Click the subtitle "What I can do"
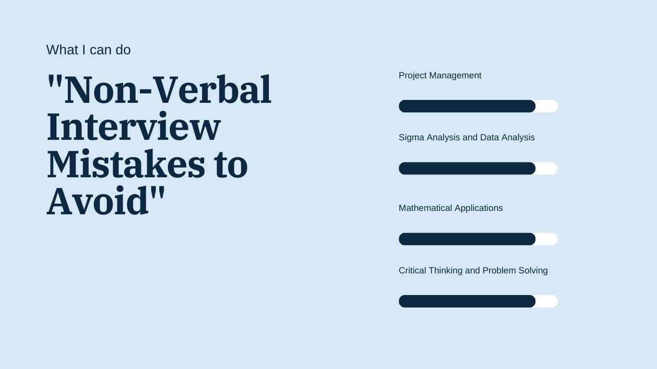88,50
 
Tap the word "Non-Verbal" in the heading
167,90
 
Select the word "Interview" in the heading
134,127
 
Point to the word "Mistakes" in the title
126,164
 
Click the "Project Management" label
440,75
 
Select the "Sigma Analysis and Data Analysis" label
467,137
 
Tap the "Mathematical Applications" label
451,208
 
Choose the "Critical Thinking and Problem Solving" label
473,271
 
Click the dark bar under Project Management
467,106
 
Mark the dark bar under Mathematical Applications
467,239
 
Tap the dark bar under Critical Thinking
467,301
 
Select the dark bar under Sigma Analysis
467,169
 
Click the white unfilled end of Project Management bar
547,106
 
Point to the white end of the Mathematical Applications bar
547,239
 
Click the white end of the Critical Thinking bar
547,301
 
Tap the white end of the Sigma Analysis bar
547,169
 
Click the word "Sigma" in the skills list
411,137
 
